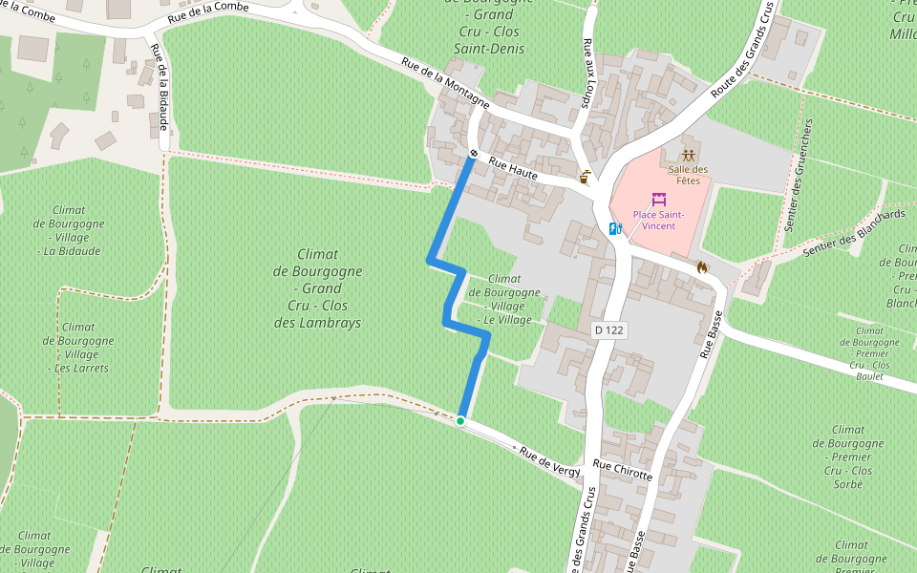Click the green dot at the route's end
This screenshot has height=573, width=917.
pyautogui.click(x=460, y=420)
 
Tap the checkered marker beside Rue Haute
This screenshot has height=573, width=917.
pyautogui.click(x=474, y=153)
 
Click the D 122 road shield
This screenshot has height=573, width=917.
pyautogui.click(x=608, y=329)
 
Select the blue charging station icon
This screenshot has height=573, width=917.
pyautogui.click(x=616, y=228)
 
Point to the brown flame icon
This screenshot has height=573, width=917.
pyautogui.click(x=703, y=268)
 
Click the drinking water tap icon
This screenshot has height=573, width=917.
pyautogui.click(x=586, y=176)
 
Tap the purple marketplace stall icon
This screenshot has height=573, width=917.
pyautogui.click(x=659, y=200)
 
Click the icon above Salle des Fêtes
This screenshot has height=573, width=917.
pyautogui.click(x=690, y=156)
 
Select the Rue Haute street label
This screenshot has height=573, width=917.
pyautogui.click(x=513, y=169)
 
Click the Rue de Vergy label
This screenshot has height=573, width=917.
pyautogui.click(x=549, y=457)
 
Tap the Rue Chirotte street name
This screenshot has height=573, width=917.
pyautogui.click(x=622, y=470)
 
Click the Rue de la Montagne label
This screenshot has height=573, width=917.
pyautogui.click(x=445, y=83)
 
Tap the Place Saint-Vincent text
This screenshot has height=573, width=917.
pyautogui.click(x=658, y=220)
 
